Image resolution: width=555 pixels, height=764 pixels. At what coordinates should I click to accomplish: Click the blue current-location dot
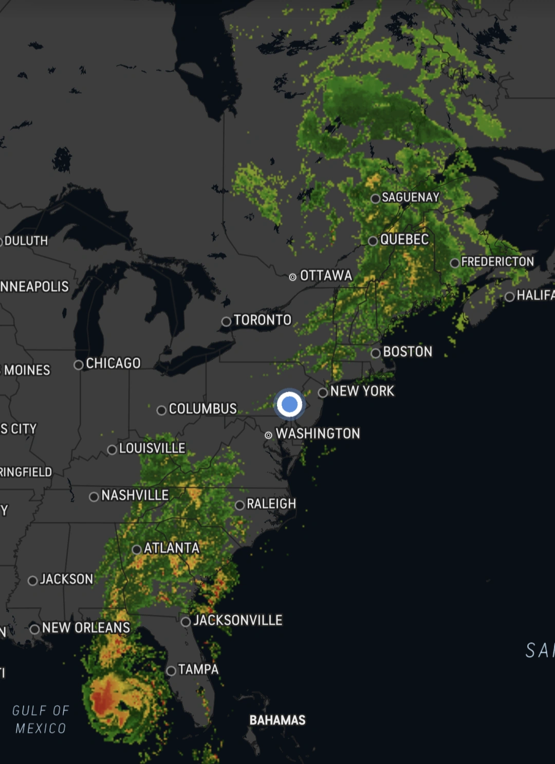pyautogui.click(x=290, y=404)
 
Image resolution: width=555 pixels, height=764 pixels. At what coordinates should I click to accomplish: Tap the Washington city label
pyautogui.click(x=318, y=433)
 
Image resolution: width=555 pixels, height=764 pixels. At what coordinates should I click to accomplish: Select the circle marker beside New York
pyautogui.click(x=323, y=393)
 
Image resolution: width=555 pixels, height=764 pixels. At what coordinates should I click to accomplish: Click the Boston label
pyautogui.click(x=408, y=352)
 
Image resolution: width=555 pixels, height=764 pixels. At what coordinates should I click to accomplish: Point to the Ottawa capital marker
pyautogui.click(x=292, y=277)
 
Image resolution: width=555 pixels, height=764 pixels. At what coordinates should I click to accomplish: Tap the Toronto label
pyautogui.click(x=262, y=320)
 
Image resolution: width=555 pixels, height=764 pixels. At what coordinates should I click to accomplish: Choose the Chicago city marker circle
pyautogui.click(x=79, y=365)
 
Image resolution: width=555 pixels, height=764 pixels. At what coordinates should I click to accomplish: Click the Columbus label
pyautogui.click(x=202, y=409)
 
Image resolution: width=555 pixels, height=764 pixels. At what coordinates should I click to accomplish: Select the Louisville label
pyautogui.click(x=152, y=448)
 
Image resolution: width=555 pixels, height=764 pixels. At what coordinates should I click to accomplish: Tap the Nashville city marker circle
pyautogui.click(x=94, y=497)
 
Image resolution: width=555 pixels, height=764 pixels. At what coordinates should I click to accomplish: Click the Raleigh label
pyautogui.click(x=271, y=504)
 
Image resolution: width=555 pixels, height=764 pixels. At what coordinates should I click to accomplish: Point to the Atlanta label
pyautogui.click(x=171, y=548)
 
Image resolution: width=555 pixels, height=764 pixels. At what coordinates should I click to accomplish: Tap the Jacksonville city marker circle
pyautogui.click(x=186, y=622)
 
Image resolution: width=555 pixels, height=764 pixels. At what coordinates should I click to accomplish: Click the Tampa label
pyautogui.click(x=198, y=669)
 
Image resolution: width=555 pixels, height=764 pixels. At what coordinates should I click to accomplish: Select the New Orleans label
pyautogui.click(x=86, y=628)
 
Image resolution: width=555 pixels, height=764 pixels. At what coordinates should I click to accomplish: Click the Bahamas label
pyautogui.click(x=277, y=720)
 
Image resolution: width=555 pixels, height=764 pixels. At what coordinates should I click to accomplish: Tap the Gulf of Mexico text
pyautogui.click(x=41, y=719)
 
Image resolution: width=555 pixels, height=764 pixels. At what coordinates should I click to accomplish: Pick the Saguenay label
pyautogui.click(x=410, y=197)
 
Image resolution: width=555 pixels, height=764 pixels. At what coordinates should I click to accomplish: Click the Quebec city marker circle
pyautogui.click(x=373, y=241)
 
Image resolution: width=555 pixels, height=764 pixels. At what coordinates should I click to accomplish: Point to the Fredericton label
pyautogui.click(x=497, y=262)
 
